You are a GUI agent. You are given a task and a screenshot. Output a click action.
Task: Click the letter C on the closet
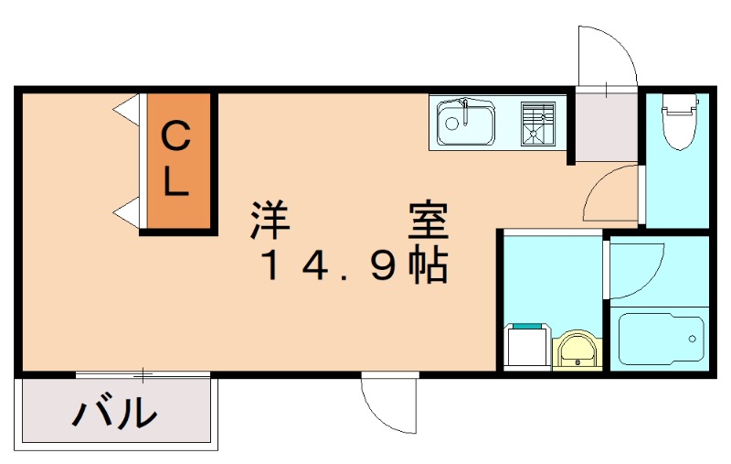click(x=175, y=135)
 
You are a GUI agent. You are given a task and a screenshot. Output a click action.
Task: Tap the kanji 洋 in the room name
click(x=270, y=220)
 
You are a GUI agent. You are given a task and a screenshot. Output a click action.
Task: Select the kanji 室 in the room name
click(x=429, y=220)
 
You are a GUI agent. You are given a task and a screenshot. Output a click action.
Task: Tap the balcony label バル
click(x=115, y=411)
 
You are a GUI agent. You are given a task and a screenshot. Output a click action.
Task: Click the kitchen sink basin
click(x=466, y=123)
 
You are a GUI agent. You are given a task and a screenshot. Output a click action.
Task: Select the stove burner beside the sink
click(x=538, y=123)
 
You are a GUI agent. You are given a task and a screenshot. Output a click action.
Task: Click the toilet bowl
click(x=679, y=122)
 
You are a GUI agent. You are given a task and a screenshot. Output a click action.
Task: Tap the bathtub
click(x=661, y=339)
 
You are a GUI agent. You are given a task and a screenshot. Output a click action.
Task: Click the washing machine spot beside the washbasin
click(x=528, y=345)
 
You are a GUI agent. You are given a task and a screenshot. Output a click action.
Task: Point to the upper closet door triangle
click(x=126, y=110)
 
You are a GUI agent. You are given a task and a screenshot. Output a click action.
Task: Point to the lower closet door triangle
click(x=126, y=212)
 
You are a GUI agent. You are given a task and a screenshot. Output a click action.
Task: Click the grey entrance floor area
click(x=607, y=126)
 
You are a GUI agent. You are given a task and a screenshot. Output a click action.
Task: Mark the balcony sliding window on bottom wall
click(x=143, y=374)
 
